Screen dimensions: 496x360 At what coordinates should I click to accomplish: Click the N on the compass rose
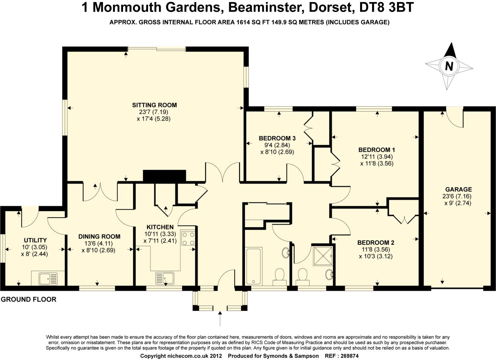449,66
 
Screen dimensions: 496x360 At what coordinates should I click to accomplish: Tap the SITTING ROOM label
154,105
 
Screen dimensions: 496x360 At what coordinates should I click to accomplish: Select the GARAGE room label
458,190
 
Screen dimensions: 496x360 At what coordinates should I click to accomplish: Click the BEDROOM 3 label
277,138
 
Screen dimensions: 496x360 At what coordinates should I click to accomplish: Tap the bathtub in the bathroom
254,266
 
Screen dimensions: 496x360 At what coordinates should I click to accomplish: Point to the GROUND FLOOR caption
28,299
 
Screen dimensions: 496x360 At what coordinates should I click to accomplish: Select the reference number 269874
347,356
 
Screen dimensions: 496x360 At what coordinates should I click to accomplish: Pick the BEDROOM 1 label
377,150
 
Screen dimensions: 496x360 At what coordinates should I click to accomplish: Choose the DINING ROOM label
99,237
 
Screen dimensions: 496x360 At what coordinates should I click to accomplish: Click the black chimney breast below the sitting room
164,176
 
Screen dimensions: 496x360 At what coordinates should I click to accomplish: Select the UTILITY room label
35,240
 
